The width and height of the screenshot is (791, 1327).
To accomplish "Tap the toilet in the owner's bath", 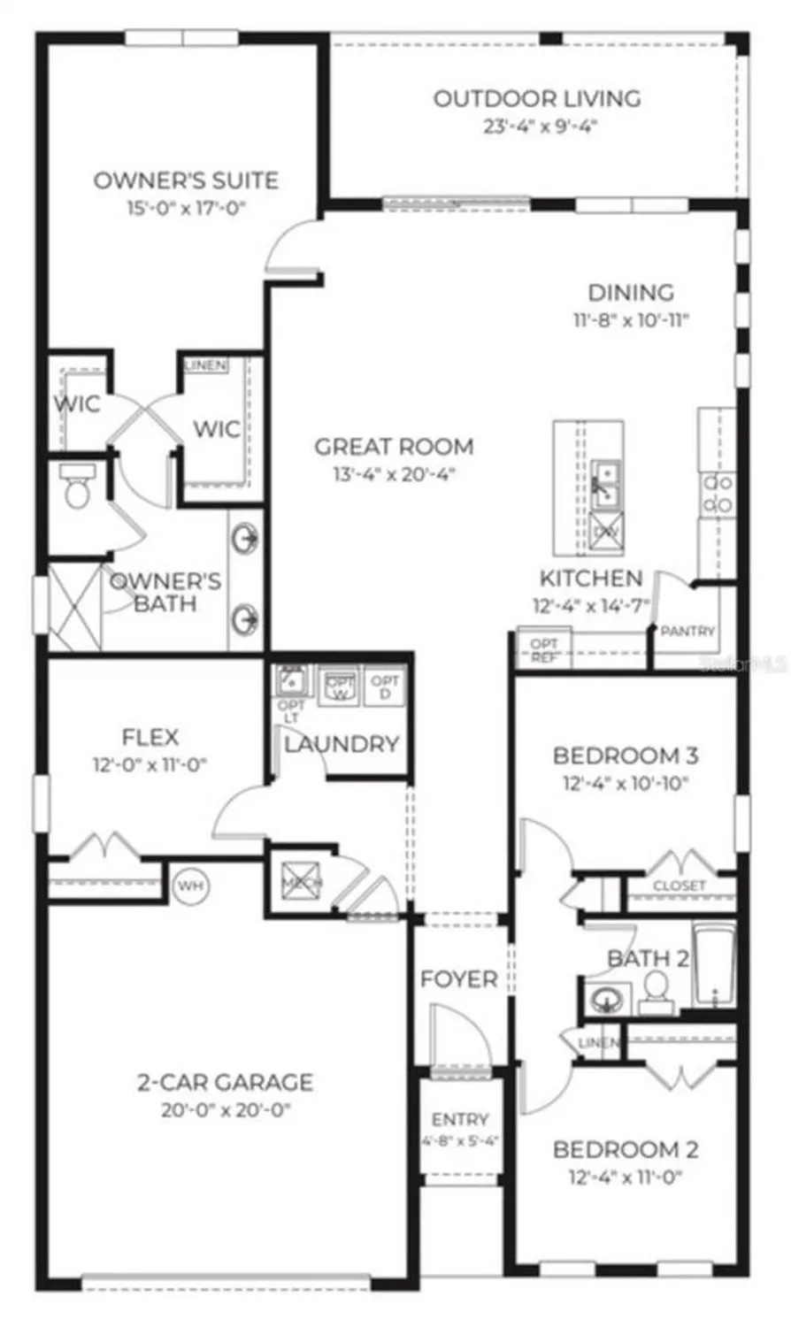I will tap(77, 488).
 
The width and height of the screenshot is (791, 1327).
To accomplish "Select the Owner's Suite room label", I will tap(186, 180).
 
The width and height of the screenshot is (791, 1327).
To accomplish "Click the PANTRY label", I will tap(687, 631).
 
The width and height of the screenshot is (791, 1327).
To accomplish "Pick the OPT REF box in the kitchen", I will tap(543, 651).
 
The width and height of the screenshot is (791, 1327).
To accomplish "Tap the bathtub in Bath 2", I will tap(715, 966).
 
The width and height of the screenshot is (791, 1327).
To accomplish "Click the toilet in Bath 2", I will tap(657, 991).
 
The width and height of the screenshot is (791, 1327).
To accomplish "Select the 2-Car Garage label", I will tap(226, 1082).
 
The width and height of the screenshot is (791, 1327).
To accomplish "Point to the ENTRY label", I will tap(460, 1119).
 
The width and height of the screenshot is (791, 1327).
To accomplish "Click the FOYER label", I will tap(458, 979).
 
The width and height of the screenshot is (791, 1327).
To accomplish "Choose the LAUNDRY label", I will tap(342, 745).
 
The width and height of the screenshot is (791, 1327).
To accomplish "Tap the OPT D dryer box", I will tap(385, 687).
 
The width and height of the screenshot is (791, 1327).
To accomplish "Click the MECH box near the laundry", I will tap(301, 881).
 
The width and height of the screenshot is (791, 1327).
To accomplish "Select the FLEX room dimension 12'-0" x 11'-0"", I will tap(150, 764).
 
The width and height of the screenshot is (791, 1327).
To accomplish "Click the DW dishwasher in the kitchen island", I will tap(606, 532).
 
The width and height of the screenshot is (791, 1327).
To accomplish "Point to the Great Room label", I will tap(394, 447).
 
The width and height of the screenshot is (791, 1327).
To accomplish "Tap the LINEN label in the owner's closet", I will tap(205, 365).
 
